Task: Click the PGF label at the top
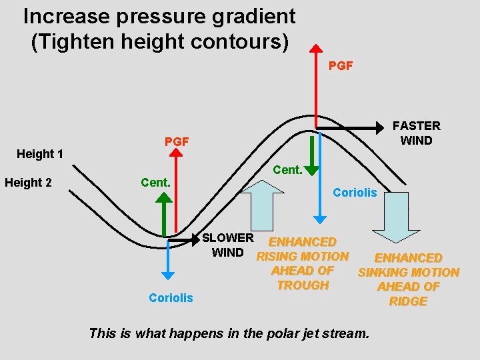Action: [x=341, y=66]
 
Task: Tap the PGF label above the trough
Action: [x=177, y=141]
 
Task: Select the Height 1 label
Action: [x=40, y=154]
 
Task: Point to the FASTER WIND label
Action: [x=416, y=133]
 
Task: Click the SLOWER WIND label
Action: [x=227, y=245]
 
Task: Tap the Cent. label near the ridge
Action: [x=287, y=170]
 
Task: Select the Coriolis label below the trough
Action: [x=171, y=298]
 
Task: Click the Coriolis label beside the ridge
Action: [x=355, y=193]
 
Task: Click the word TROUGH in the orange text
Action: [x=303, y=285]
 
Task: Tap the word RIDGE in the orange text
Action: [x=408, y=301]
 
